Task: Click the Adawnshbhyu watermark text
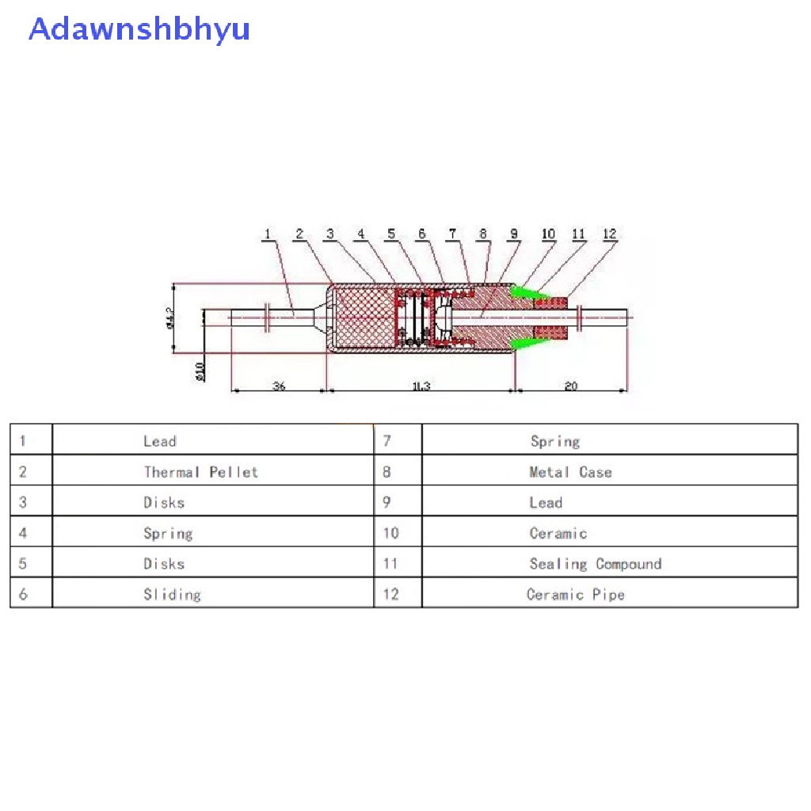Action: [x=139, y=29]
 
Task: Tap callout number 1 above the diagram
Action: [x=268, y=234]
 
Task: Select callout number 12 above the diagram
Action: [x=609, y=234]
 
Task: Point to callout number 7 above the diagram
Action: [x=452, y=234]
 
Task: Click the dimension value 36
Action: [x=279, y=386]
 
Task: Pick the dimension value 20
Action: [x=571, y=386]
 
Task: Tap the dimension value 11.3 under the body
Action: [x=421, y=386]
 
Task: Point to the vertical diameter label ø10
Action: [x=199, y=370]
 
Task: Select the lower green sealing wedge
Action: [x=527, y=342]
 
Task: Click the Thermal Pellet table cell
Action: [x=201, y=472]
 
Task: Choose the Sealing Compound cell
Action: [x=596, y=564]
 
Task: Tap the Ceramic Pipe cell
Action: [x=576, y=594]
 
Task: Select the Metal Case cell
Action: [x=570, y=472]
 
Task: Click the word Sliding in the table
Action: [x=172, y=594]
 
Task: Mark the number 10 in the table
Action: [x=390, y=533]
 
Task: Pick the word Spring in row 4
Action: [x=168, y=533]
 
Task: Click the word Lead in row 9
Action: [x=546, y=502]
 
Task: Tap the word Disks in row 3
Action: [x=164, y=502]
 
